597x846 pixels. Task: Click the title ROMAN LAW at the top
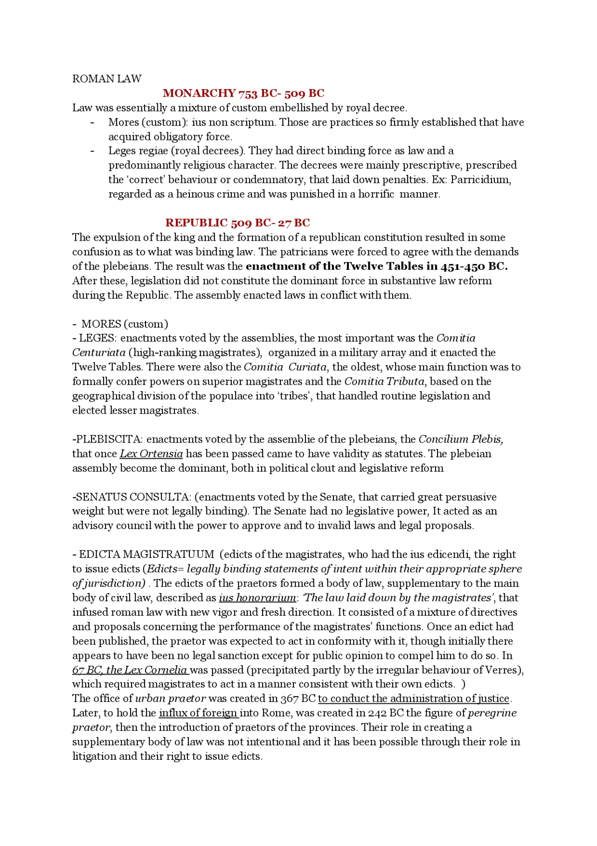point(106,79)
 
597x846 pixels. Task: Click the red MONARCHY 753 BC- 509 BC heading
point(243,93)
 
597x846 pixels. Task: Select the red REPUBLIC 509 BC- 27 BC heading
point(237,223)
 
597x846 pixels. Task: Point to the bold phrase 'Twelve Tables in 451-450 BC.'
point(425,266)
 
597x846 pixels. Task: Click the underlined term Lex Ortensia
point(151,454)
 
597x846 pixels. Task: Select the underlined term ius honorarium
point(257,598)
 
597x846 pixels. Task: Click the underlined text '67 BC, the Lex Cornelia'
point(130,670)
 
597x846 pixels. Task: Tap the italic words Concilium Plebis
point(460,439)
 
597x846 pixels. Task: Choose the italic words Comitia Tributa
point(384,381)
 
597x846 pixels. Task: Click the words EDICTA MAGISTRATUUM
point(146,555)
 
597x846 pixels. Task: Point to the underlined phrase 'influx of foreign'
point(198,713)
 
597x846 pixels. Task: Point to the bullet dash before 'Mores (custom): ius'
point(92,122)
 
